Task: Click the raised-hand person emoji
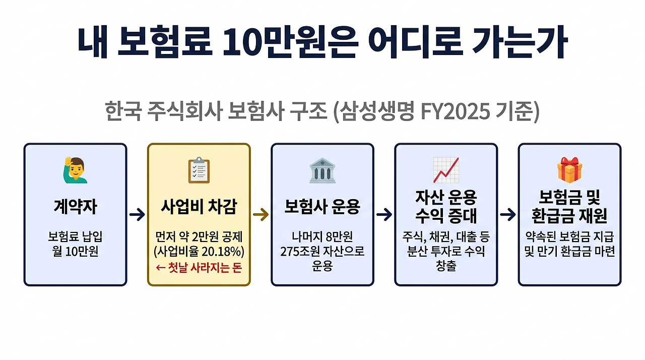pyautogui.click(x=75, y=170)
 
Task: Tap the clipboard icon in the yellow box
pyautogui.click(x=199, y=170)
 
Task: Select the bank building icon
pyautogui.click(x=322, y=170)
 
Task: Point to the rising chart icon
pyautogui.click(x=446, y=170)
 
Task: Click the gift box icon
pyautogui.click(x=569, y=170)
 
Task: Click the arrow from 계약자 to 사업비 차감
pyautogui.click(x=137, y=215)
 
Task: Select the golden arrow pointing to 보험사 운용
pyautogui.click(x=261, y=215)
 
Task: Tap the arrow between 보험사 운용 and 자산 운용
pyautogui.click(x=384, y=215)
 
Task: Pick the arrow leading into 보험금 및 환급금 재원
pyautogui.click(x=508, y=215)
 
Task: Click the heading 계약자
pyautogui.click(x=75, y=206)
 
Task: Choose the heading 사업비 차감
pyautogui.click(x=199, y=207)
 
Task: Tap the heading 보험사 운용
pyautogui.click(x=322, y=207)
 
